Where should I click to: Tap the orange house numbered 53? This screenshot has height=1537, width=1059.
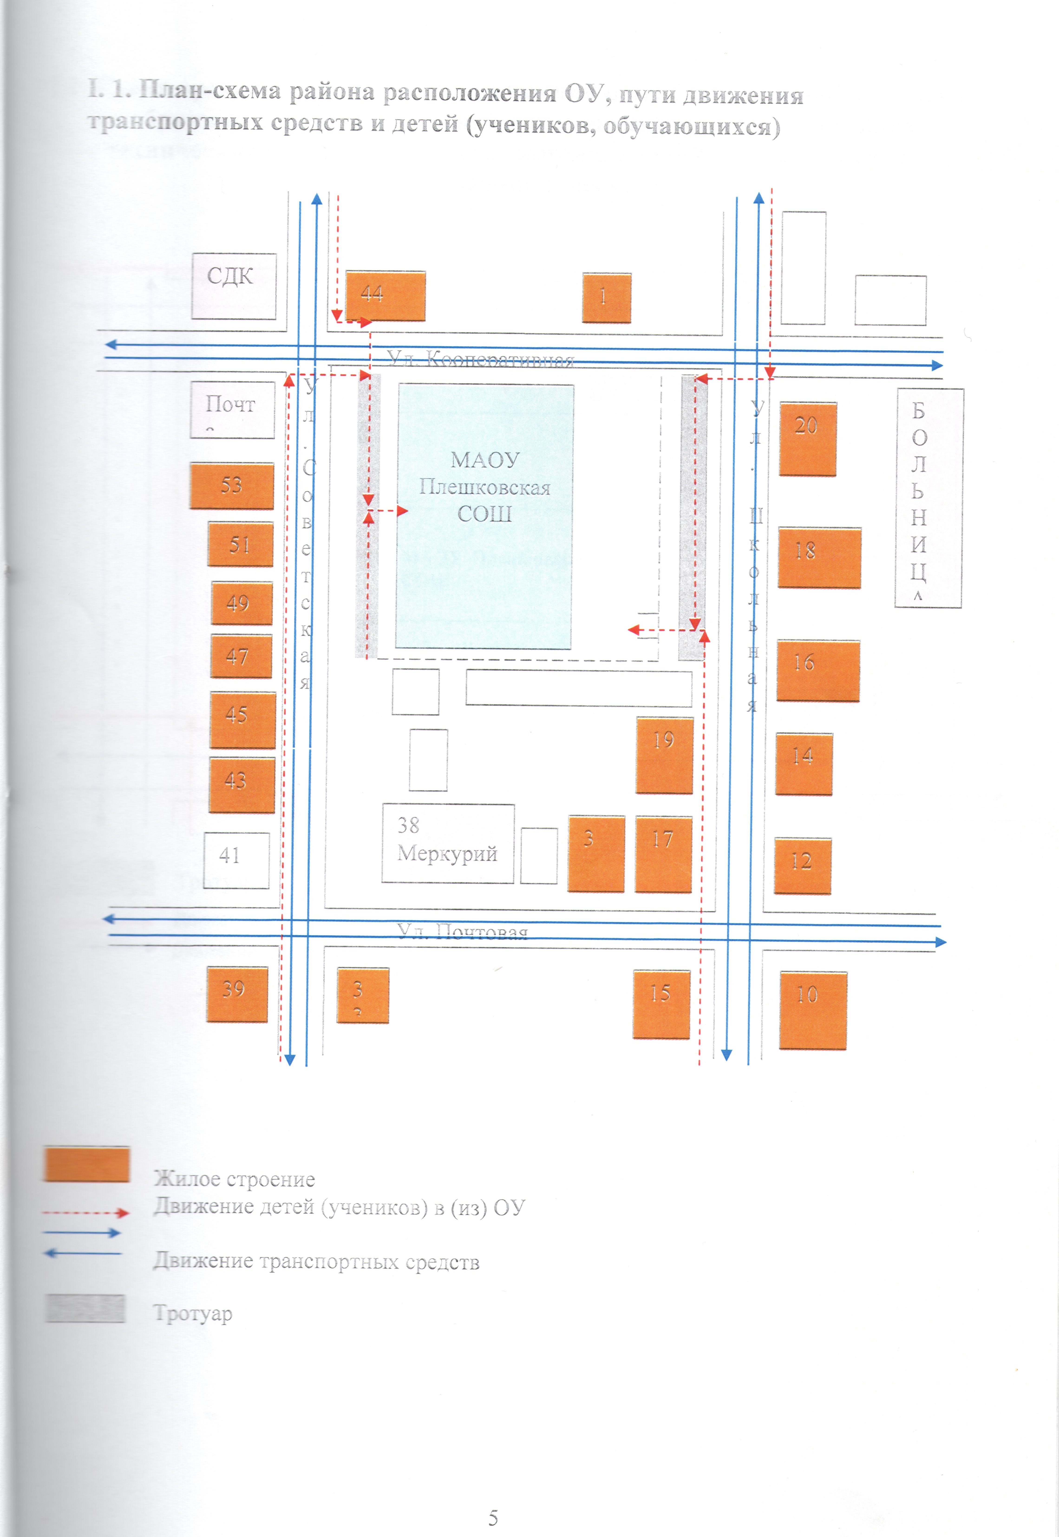232,486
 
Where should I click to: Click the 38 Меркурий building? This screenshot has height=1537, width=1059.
447,843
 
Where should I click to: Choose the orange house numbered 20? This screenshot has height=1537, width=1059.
807,438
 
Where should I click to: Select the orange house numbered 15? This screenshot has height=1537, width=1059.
661,1004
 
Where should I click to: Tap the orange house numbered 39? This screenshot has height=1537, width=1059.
237,993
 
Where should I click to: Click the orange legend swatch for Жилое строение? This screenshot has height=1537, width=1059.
86,1164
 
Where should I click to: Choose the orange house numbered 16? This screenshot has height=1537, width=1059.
817,670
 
